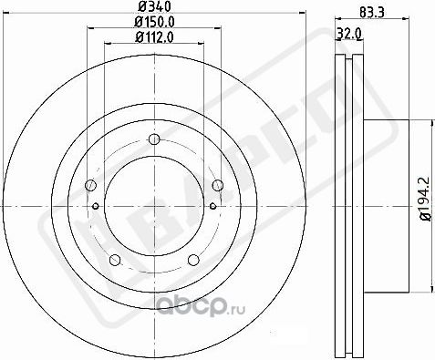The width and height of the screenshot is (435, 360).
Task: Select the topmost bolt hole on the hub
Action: click(153, 139)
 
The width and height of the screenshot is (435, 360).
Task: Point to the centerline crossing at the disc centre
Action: click(153, 206)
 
